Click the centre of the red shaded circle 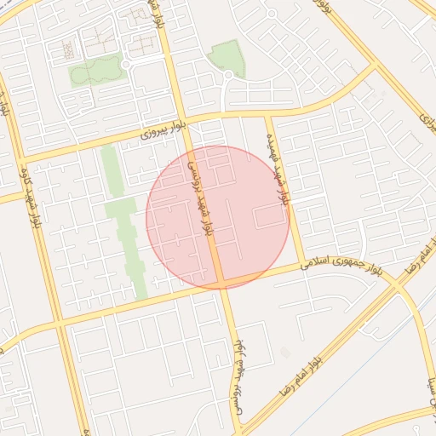click(218, 217)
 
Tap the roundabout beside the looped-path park click(126, 65)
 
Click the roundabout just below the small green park click(227, 77)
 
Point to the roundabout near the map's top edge click(270, 14)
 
